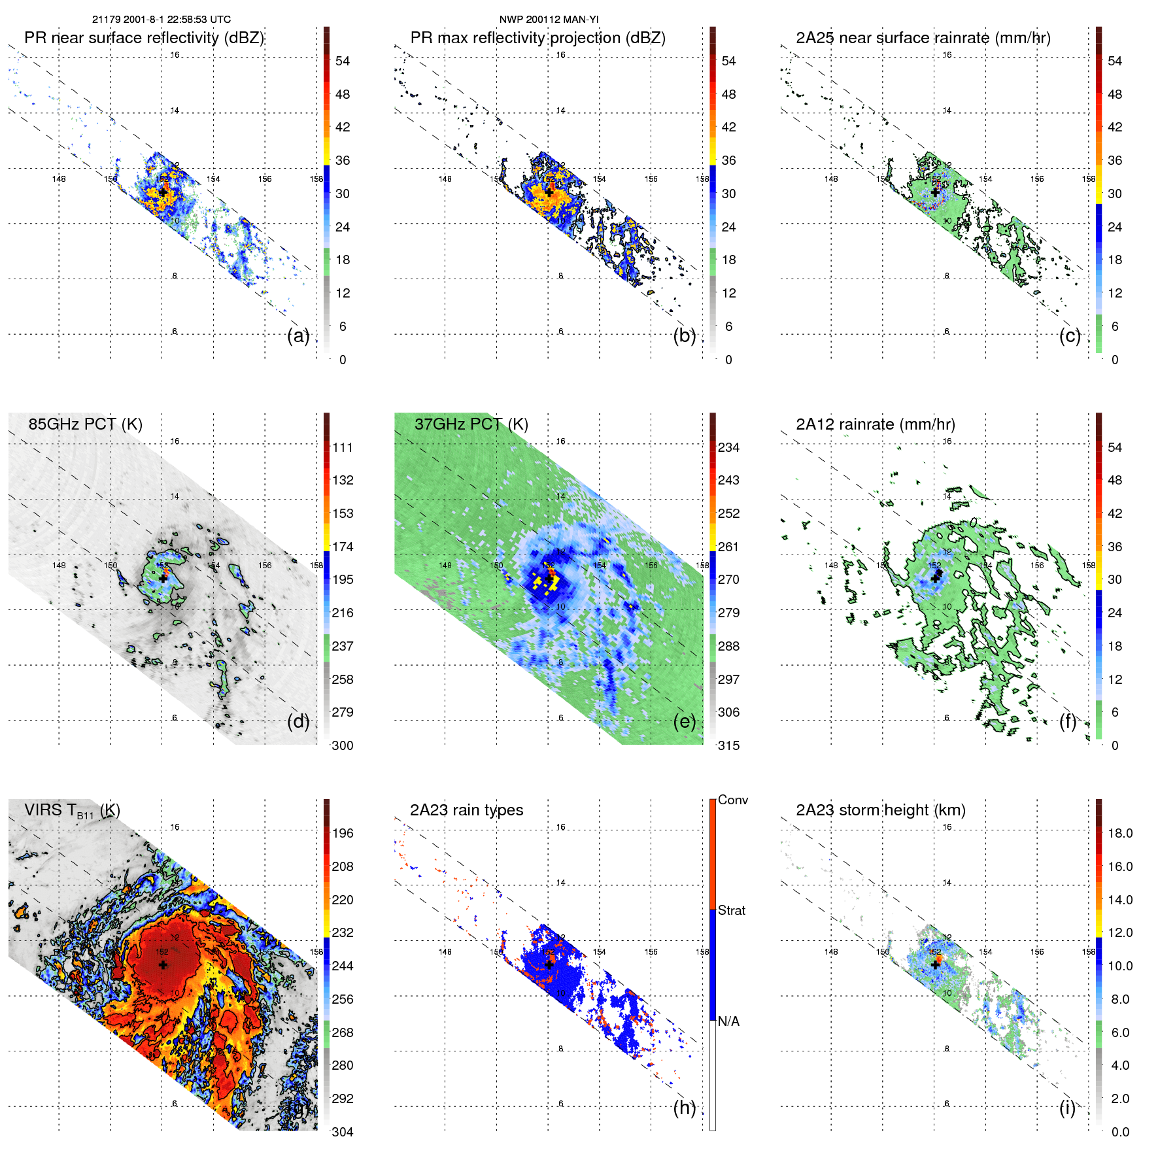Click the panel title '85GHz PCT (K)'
point(85,424)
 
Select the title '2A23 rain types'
point(466,810)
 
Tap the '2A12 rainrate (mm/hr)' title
point(875,424)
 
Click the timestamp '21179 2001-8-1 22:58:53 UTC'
point(161,20)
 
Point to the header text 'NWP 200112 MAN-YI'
point(549,20)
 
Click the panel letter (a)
point(298,336)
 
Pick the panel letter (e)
point(685,722)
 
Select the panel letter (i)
point(1067,1108)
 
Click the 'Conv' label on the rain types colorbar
point(732,800)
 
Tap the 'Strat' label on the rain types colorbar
point(731,911)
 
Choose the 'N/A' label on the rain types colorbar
point(728,1021)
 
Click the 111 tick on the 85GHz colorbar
point(343,448)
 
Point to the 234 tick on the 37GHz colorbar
point(728,448)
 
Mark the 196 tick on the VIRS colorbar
point(343,834)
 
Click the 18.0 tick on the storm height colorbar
point(1119,834)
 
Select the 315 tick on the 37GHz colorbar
point(728,746)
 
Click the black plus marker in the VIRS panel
point(163,964)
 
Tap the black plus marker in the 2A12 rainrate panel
point(936,578)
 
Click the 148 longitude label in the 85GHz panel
point(59,566)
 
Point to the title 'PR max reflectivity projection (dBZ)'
point(537,38)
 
